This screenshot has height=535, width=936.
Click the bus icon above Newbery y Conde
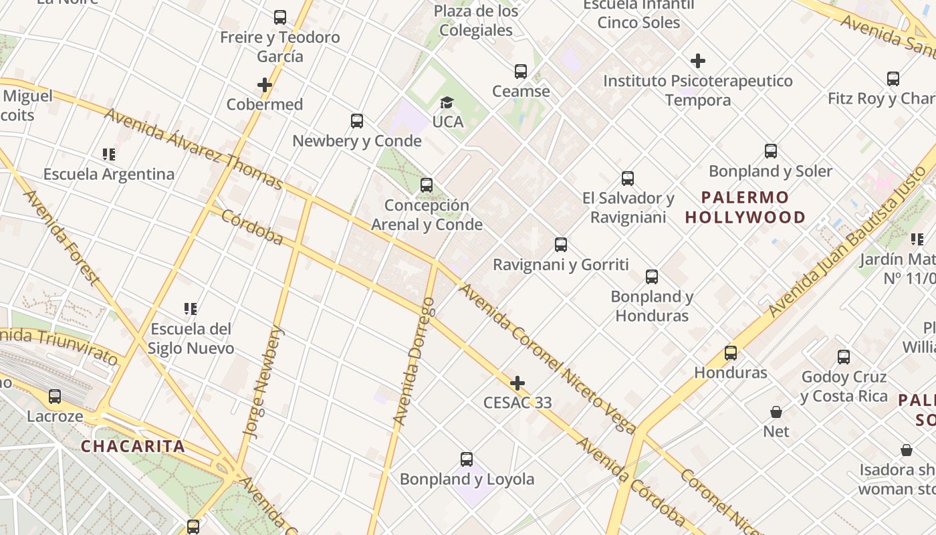357,121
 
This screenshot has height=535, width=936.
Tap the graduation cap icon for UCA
447,102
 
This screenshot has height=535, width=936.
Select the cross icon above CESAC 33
517,383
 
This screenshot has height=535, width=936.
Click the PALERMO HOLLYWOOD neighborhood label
745,207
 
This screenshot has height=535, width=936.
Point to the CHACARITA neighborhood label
133,446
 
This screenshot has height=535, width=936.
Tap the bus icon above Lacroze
55,397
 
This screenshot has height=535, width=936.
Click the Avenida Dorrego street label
415,361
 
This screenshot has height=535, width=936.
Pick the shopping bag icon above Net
776,412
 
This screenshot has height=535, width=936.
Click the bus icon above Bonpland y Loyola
467,459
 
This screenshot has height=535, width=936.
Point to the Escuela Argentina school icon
109,154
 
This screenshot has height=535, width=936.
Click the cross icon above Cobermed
265,85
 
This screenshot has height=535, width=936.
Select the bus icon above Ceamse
521,72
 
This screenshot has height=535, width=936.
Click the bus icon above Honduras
731,352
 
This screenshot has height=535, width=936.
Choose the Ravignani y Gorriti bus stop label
561,265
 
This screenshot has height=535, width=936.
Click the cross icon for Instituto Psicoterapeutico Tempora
698,62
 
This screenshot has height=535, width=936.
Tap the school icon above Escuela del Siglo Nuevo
191,309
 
